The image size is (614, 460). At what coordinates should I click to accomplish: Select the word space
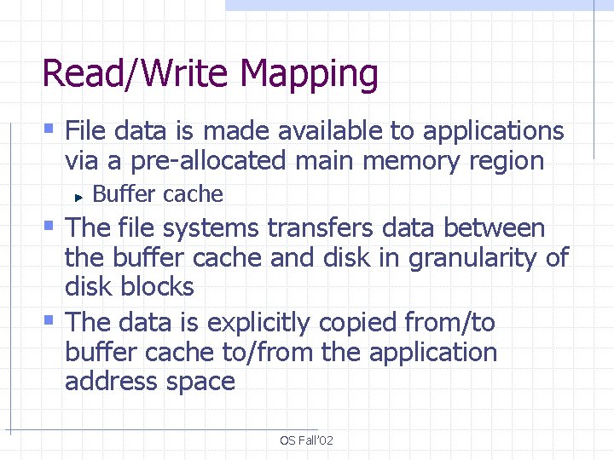point(196,382)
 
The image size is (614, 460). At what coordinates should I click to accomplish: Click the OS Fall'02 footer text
point(307,440)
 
